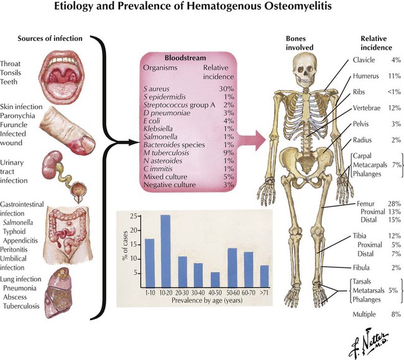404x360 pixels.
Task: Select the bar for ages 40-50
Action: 215,280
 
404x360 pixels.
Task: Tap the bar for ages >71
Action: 264,277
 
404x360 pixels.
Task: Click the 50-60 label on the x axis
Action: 233,293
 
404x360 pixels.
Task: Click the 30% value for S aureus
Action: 226,89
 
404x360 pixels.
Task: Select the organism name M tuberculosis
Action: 166,153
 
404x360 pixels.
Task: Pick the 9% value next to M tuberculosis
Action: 229,153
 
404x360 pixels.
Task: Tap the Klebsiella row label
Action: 158,129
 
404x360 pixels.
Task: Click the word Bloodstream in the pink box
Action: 185,58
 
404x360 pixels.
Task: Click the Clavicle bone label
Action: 364,60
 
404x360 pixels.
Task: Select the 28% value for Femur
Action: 394,203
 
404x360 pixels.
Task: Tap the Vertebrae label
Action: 366,108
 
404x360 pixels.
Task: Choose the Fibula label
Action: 361,268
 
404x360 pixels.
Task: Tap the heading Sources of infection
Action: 50,39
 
